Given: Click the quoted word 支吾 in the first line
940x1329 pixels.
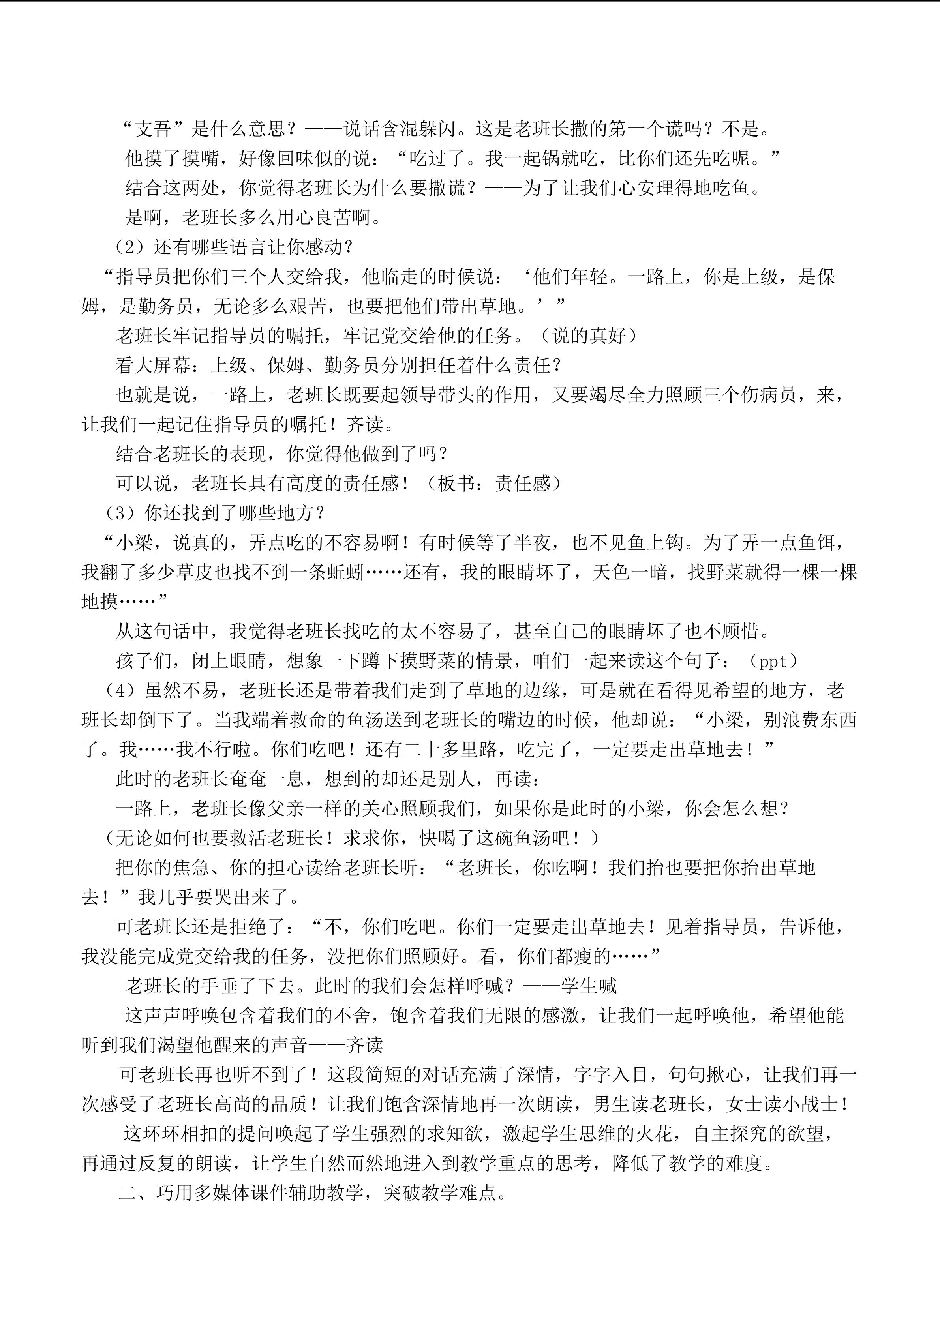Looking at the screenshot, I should pos(152,129).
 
